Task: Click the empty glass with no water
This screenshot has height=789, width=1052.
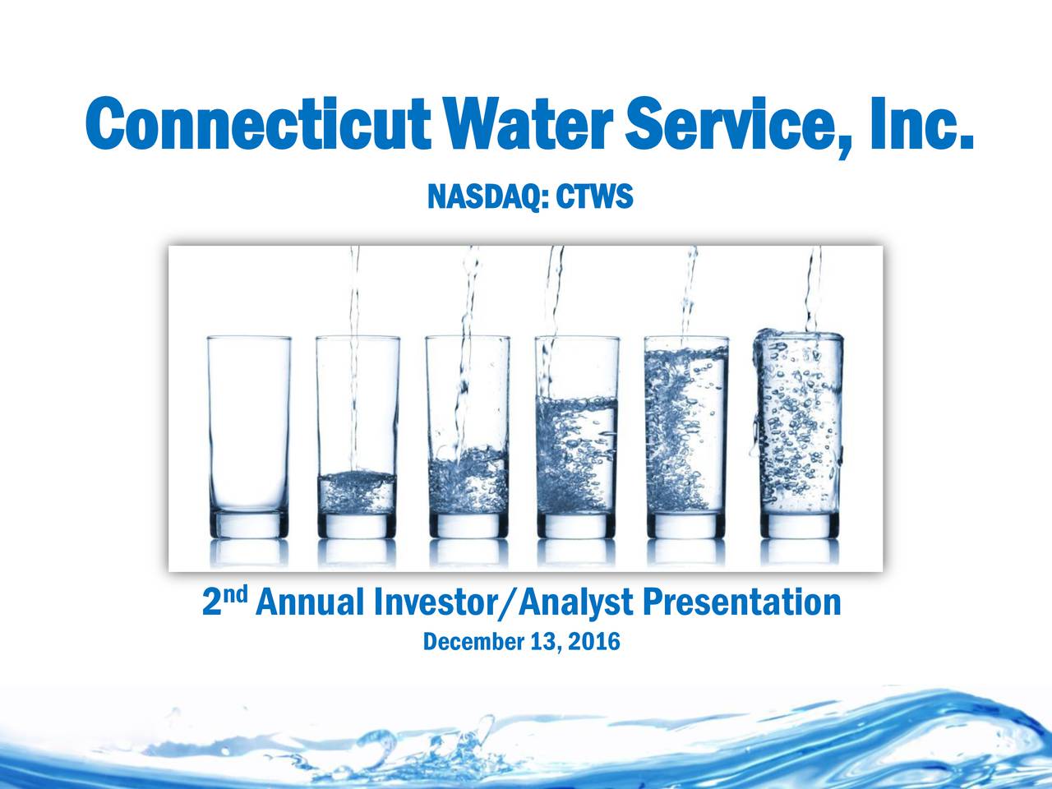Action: click(249, 427)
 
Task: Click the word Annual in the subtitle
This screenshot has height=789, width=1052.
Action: click(310, 604)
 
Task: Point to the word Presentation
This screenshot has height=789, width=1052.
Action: click(741, 604)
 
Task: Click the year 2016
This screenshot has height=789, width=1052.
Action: click(594, 642)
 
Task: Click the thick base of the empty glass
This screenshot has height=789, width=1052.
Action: click(249, 524)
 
